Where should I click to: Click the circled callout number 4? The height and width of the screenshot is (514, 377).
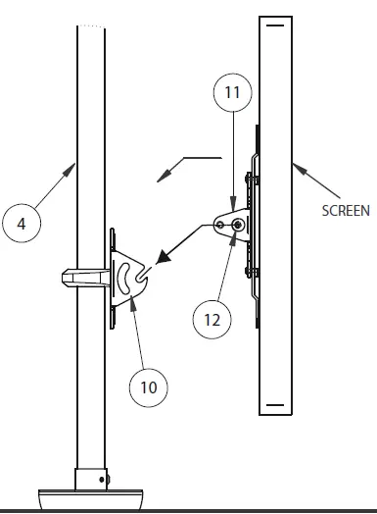23,223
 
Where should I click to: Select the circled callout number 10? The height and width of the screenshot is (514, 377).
148,387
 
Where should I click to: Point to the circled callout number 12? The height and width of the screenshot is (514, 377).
215,319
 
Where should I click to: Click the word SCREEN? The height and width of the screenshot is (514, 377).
346,210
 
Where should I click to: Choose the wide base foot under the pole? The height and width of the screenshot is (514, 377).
93,498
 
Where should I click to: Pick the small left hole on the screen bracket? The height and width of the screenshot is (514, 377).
222,226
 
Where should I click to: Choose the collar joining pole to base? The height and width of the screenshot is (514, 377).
93,480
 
